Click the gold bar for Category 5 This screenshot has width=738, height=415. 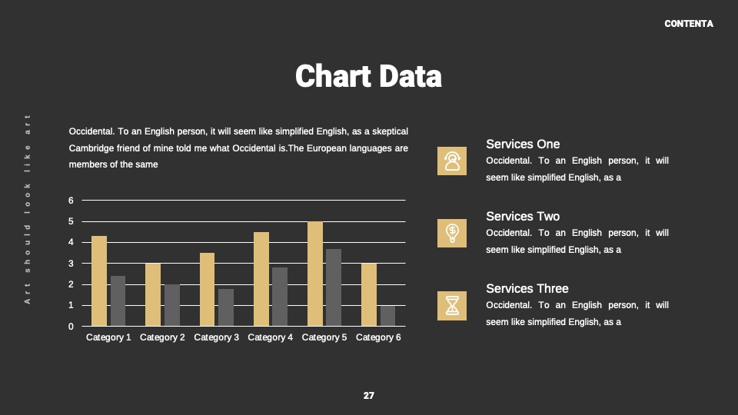tap(315, 274)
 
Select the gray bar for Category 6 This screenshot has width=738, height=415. tap(387, 316)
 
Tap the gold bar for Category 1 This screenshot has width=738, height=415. tap(99, 281)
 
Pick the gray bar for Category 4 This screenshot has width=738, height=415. tap(280, 297)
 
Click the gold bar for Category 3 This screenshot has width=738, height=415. tap(207, 290)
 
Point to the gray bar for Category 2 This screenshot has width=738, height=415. tap(171, 305)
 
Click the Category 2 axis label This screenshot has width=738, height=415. tap(162, 337)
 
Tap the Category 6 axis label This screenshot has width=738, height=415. tap(378, 337)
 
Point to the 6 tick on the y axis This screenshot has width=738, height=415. tap(71, 201)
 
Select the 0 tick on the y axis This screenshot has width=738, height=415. tap(71, 327)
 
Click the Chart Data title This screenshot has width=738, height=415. tap(368, 76)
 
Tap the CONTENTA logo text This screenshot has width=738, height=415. tap(689, 24)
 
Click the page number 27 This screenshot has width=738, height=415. tap(368, 396)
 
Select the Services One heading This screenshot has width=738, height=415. tap(523, 144)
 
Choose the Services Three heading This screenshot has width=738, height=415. tap(527, 288)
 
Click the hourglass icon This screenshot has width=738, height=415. tap(452, 306)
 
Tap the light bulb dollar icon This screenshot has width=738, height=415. tap(452, 234)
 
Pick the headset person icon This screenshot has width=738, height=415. tap(452, 161)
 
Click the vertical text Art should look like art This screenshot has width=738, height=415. tap(28, 209)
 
